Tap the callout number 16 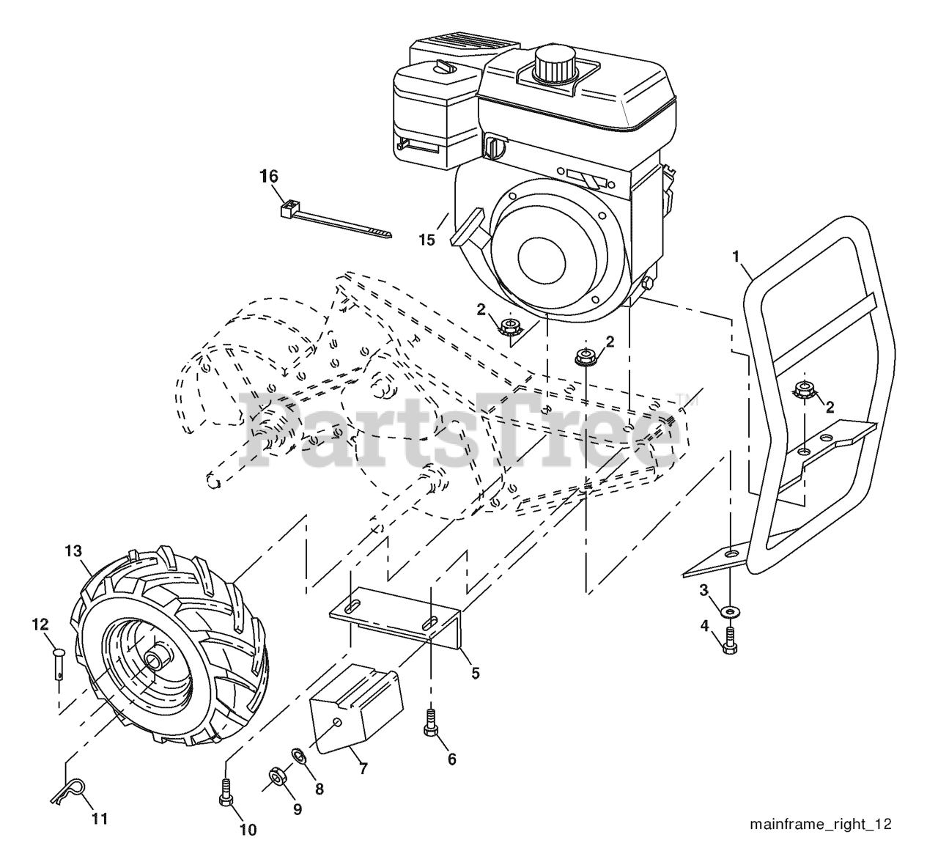[269, 177]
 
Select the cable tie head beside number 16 [288, 209]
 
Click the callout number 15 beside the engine [426, 239]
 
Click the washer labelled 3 [731, 610]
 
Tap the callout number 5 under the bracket [475, 672]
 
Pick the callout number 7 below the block [363, 769]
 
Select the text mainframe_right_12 [820, 824]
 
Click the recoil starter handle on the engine [467, 227]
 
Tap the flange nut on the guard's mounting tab [805, 391]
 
